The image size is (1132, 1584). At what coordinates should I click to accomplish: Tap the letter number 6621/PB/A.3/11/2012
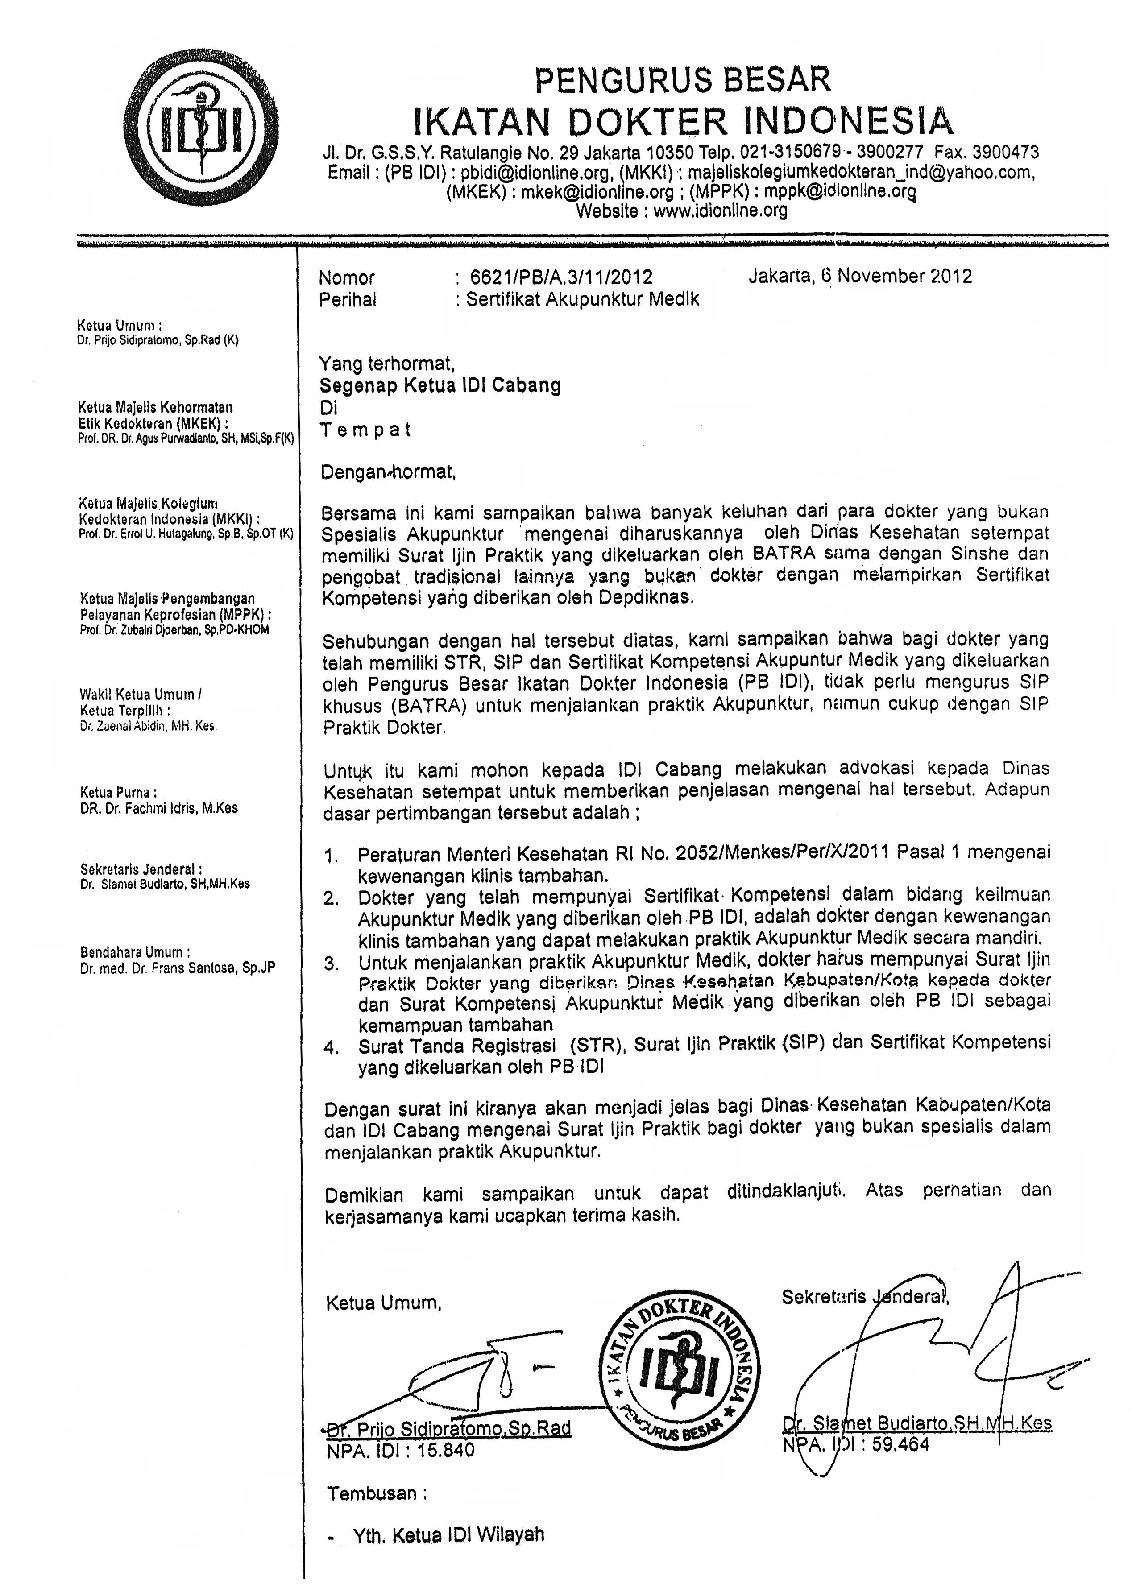pos(561,277)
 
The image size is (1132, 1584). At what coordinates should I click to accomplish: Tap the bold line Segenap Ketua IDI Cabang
pos(440,385)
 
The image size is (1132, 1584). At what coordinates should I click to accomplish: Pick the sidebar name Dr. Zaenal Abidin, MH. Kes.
pos(149,725)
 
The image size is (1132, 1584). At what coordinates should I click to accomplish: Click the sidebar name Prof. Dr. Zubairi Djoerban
pos(174,629)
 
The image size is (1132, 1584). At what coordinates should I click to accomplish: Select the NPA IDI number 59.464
pos(900,1444)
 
